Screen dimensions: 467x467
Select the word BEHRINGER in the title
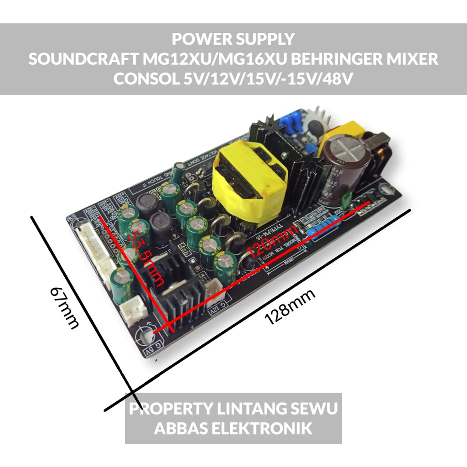point(338,59)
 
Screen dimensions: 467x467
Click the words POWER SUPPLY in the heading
point(233,39)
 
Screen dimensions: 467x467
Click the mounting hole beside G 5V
point(147,337)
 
